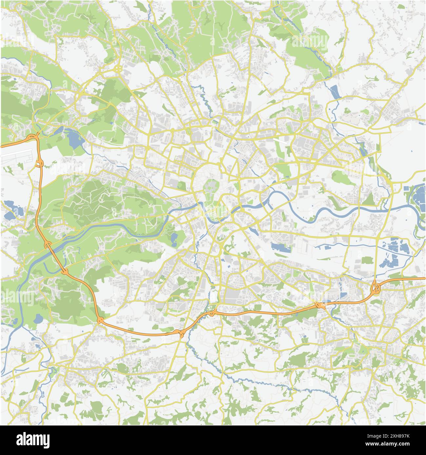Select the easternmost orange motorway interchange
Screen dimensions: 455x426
pyautogui.click(x=376, y=288)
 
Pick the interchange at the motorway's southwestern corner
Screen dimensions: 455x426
pyautogui.click(x=100, y=320)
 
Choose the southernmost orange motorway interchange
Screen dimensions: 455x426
pyautogui.click(x=180, y=333)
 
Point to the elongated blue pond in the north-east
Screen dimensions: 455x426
pyautogui.click(x=334, y=91)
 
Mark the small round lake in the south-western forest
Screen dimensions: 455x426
pyautogui.click(x=38, y=318)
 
